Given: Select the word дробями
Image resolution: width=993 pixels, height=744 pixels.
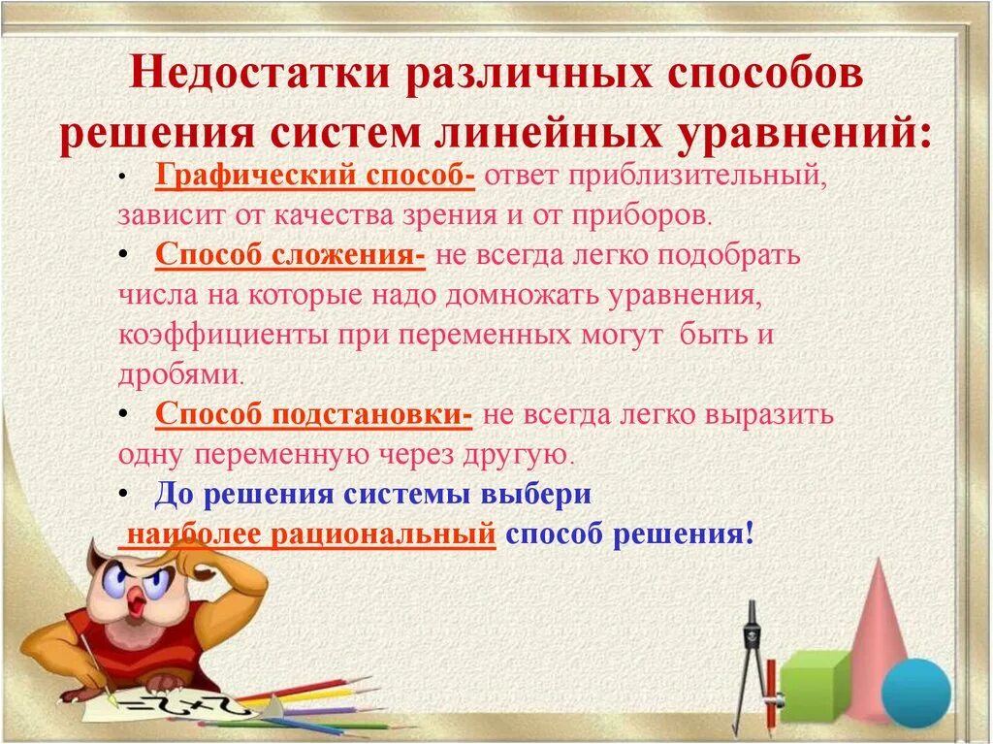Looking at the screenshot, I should click(x=178, y=374).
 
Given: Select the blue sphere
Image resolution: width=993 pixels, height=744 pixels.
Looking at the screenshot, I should click(x=915, y=692).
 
